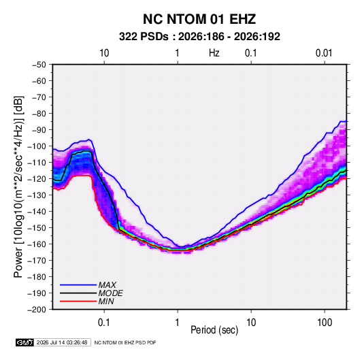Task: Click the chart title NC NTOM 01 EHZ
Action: tap(199, 19)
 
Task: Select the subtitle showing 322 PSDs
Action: tap(199, 37)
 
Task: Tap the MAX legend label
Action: tap(107, 285)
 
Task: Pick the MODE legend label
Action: tap(110, 293)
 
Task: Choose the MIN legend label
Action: tap(106, 301)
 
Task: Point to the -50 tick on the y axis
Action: tap(39, 65)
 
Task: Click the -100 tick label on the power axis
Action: tap(37, 146)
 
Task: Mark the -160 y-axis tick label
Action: tap(37, 244)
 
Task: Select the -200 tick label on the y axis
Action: tap(37, 310)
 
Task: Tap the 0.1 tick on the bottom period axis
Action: tap(104, 323)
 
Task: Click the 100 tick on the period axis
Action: tap(325, 323)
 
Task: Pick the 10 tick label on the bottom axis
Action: tap(251, 323)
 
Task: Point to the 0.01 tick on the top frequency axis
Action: tap(324, 53)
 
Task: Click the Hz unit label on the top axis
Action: tap(214, 53)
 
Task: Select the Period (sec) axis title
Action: tap(214, 330)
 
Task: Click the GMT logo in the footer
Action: tap(25, 342)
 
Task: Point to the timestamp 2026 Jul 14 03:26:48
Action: tap(62, 342)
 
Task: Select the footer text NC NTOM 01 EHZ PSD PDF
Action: tap(125, 342)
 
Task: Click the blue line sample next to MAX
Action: tap(78, 285)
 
